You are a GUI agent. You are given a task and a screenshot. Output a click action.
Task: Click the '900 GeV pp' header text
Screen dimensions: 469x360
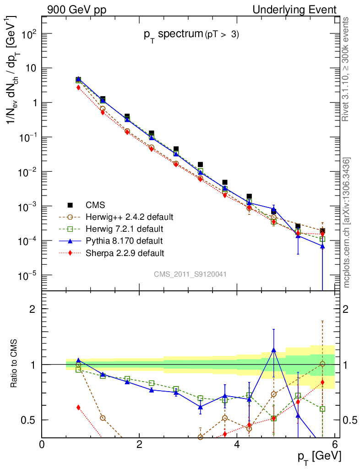click(x=76, y=10)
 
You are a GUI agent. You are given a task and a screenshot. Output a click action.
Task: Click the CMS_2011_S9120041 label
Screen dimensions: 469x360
click(x=190, y=274)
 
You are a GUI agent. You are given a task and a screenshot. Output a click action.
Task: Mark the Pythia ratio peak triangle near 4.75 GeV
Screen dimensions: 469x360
click(x=274, y=350)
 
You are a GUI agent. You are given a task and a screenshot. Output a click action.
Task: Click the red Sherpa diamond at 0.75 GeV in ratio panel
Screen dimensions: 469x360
click(x=78, y=407)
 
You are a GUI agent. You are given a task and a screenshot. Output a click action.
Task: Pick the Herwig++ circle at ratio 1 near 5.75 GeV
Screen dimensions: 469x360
click(x=322, y=364)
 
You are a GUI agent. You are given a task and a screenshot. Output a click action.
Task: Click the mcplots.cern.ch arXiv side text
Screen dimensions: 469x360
click(x=348, y=223)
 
